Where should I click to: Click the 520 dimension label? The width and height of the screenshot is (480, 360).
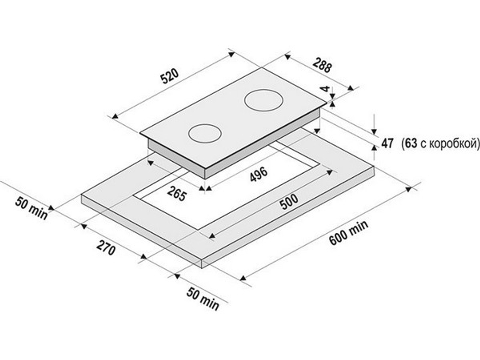coord(169,76)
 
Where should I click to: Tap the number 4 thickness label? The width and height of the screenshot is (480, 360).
coord(326,89)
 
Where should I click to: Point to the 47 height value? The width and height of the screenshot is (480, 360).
coord(387,143)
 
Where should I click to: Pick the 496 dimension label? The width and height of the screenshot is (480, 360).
coord(259,174)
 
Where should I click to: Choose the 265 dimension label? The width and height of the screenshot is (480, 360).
coord(177,193)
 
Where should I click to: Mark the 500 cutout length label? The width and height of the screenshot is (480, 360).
coord(289,202)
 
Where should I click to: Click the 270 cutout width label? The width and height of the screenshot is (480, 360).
coord(106,248)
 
